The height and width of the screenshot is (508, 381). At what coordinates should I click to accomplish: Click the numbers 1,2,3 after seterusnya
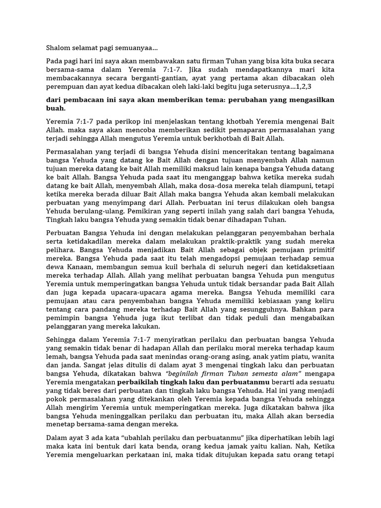point(303,87)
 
